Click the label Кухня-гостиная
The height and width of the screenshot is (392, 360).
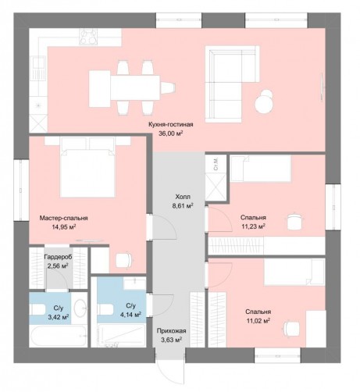[x=171, y=124]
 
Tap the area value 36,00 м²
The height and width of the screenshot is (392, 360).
[x=171, y=134]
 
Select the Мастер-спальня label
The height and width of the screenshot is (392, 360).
[x=63, y=218]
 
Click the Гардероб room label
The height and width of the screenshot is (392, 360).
[x=58, y=257]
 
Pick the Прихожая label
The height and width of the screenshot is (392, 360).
[x=171, y=331]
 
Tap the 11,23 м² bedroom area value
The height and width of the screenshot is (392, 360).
[x=253, y=226]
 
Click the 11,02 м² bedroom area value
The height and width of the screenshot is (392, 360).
[x=258, y=320]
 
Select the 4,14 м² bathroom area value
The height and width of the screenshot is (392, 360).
[x=130, y=315]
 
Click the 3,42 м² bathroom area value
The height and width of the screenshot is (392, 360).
[x=59, y=317]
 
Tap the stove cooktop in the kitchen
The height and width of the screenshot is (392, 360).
[x=89, y=36]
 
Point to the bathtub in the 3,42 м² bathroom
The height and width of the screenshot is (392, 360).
[x=58, y=336]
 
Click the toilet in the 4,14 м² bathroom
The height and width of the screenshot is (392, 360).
[x=105, y=309]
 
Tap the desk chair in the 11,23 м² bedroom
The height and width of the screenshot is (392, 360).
[x=296, y=222]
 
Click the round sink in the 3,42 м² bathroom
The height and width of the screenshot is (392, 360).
[x=80, y=308]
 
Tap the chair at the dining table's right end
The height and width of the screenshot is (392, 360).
[x=167, y=87]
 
